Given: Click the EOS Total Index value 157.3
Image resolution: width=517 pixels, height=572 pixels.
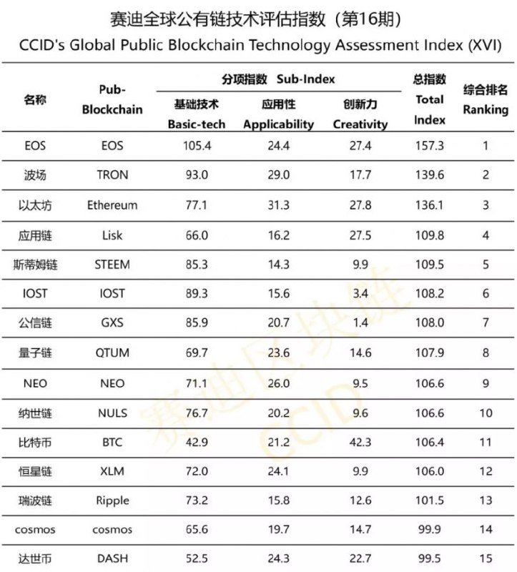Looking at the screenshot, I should [430, 146].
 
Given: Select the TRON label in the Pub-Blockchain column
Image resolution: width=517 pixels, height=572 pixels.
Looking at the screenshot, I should [112, 175].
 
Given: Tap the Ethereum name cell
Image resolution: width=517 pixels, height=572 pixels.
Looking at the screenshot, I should [112, 205].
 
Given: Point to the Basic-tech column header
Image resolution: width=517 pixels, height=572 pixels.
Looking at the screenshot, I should [197, 114].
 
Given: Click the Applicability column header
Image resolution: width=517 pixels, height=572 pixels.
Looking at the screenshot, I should [278, 114].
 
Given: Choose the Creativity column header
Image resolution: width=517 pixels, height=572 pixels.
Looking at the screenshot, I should [360, 114].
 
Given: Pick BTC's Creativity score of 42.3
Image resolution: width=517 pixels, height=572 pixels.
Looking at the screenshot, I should [360, 442].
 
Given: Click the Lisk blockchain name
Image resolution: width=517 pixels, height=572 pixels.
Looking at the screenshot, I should [112, 235].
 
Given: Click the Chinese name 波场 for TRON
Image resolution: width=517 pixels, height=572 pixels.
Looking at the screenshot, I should [35, 175].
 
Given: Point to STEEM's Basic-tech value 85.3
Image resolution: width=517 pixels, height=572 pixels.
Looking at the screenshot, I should [197, 265].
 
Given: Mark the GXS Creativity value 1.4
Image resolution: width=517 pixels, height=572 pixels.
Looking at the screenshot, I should [360, 323].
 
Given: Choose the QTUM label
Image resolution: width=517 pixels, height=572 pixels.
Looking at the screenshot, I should [112, 353].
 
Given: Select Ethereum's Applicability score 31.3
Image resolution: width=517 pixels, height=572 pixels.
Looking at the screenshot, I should [278, 205].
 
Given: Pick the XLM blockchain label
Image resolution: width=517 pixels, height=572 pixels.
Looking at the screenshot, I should [112, 471].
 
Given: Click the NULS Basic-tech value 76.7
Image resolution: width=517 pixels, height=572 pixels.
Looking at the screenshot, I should [197, 413].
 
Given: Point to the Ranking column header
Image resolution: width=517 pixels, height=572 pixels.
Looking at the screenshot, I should [486, 100].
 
